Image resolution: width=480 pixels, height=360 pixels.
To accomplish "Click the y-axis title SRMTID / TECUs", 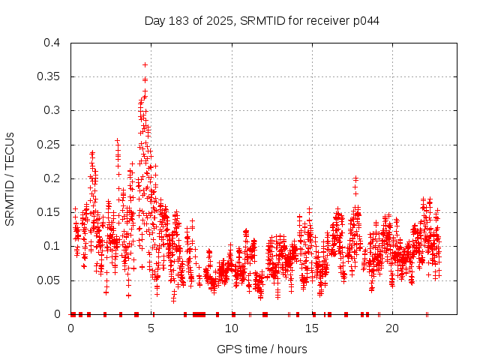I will point(10,178).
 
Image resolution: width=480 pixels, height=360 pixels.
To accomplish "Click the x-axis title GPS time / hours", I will point(262,349).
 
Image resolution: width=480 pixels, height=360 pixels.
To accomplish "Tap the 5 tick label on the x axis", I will point(151,328).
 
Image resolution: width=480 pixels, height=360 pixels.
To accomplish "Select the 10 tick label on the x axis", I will point(232,328).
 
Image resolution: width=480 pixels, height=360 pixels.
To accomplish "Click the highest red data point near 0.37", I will point(145,64).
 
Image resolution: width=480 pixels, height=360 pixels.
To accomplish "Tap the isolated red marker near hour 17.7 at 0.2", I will point(355,178).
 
